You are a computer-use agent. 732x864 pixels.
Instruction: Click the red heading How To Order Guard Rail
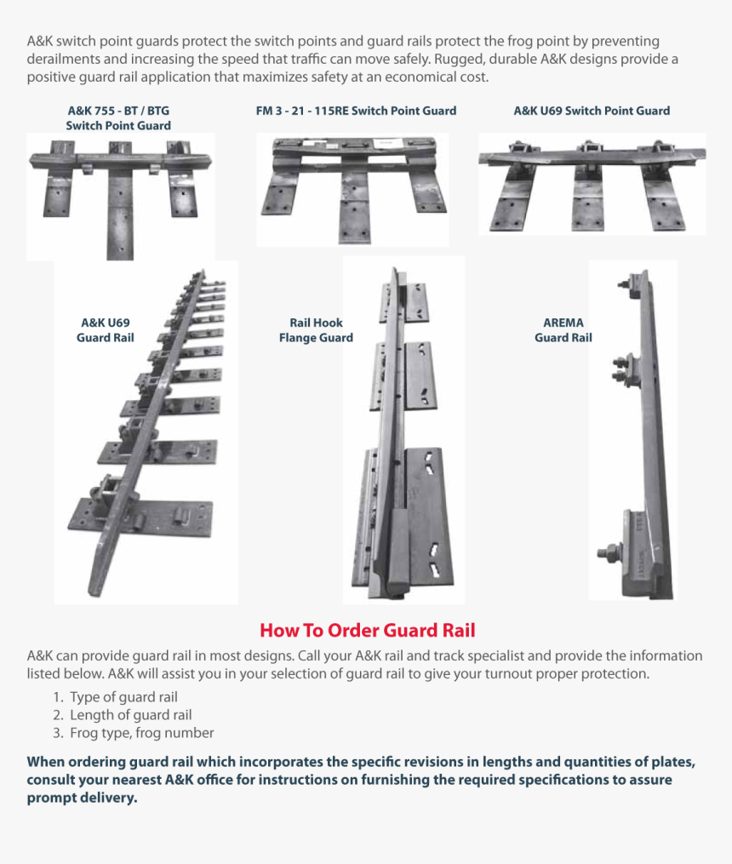(x=367, y=631)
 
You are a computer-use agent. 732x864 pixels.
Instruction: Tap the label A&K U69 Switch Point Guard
(x=591, y=111)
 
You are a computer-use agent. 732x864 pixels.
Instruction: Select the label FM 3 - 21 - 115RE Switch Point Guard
(x=356, y=111)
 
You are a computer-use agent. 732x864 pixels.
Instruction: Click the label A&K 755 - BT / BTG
(x=117, y=111)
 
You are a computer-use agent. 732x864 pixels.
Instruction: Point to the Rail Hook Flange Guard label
(x=316, y=330)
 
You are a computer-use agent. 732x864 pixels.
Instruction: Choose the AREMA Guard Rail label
(x=563, y=330)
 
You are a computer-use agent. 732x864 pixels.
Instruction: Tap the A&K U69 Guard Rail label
(x=105, y=330)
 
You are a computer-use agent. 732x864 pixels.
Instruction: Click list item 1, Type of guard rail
(x=123, y=697)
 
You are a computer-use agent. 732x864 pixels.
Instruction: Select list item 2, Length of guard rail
(x=130, y=715)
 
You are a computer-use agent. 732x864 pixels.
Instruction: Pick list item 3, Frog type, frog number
(x=141, y=733)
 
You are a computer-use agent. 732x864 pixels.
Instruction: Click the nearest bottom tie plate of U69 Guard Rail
(x=140, y=515)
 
